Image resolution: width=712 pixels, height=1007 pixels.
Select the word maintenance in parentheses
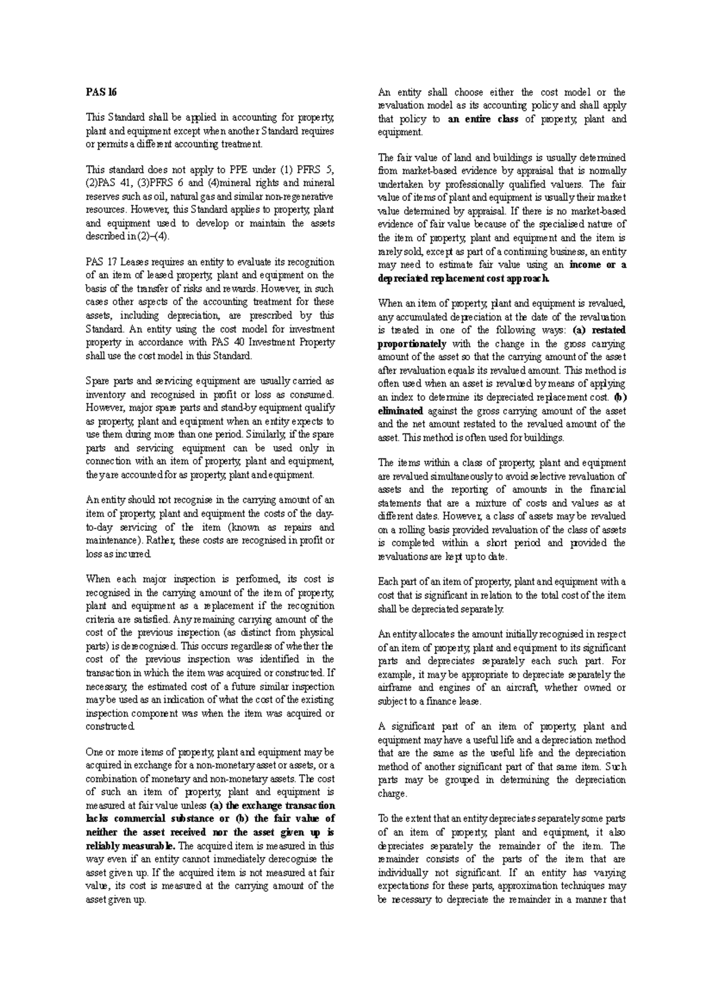click(x=112, y=541)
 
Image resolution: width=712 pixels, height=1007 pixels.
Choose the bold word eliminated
click(x=400, y=410)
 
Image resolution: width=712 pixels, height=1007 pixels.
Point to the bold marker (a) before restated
click(x=581, y=330)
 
